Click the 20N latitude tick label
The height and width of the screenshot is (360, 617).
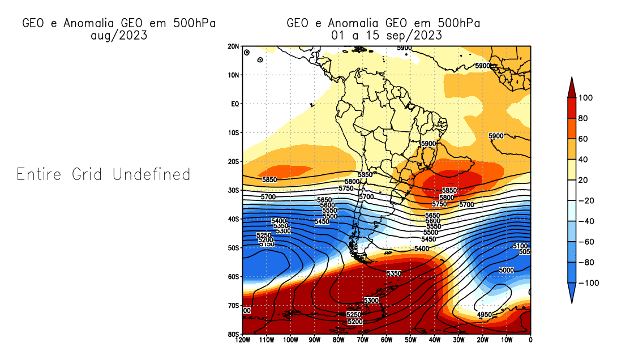point(233,46)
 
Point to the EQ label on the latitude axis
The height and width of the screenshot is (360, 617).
point(234,104)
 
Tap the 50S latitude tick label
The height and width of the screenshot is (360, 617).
point(233,248)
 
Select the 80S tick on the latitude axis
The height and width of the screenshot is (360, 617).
point(233,334)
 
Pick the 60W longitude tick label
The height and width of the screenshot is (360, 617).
point(387,340)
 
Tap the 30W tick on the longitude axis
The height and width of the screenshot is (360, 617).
point(459,340)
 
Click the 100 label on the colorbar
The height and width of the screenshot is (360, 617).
point(586,98)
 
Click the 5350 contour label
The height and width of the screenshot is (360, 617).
point(394,273)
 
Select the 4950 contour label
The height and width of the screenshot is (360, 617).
point(485,314)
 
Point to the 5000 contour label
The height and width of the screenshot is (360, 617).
point(507,271)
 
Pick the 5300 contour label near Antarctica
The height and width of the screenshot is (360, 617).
point(371,300)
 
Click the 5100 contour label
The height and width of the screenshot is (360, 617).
point(520,246)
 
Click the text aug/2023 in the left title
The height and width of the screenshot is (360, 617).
point(119,35)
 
